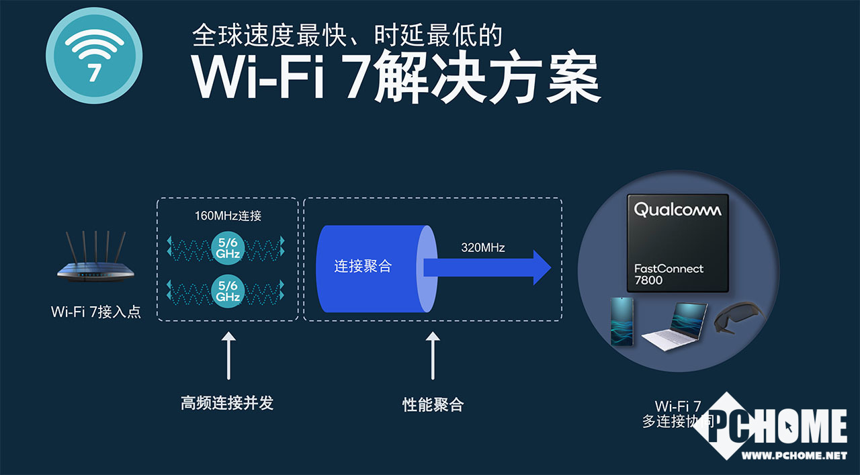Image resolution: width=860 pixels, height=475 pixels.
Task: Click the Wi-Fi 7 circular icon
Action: pos(94,55)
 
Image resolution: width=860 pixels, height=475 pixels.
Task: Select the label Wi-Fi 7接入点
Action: pos(96,312)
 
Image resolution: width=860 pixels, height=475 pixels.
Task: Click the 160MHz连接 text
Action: pos(227,216)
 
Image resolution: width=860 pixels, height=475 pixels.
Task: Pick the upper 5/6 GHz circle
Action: pos(227,247)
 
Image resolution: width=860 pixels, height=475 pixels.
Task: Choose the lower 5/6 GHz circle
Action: pos(227,290)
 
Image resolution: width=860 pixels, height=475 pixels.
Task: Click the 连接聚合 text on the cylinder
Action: pos(363,266)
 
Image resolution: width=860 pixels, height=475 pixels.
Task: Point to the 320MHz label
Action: pos(483,248)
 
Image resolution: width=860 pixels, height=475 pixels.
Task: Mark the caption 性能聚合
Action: pos(433,404)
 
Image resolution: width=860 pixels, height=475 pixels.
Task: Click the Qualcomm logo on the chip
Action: pos(677,210)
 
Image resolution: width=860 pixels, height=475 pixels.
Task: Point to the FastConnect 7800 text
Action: pos(669,274)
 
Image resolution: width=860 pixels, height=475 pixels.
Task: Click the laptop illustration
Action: pos(675,325)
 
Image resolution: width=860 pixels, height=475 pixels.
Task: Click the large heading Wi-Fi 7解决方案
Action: pos(396,79)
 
